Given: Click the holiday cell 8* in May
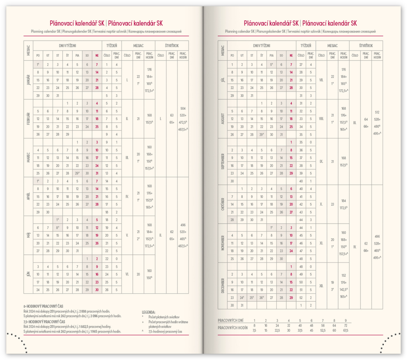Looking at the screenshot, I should (58, 228).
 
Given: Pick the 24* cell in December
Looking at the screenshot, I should (242, 298).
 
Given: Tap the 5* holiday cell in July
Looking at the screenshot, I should (271, 64).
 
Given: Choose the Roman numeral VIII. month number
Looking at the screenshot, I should (321, 119).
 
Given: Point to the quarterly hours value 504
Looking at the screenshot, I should (183, 109).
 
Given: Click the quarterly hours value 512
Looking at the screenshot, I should (377, 112).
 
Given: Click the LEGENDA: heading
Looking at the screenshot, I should (149, 312).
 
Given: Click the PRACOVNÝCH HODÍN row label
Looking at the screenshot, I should (233, 327).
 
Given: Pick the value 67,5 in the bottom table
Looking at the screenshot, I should (345, 330).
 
